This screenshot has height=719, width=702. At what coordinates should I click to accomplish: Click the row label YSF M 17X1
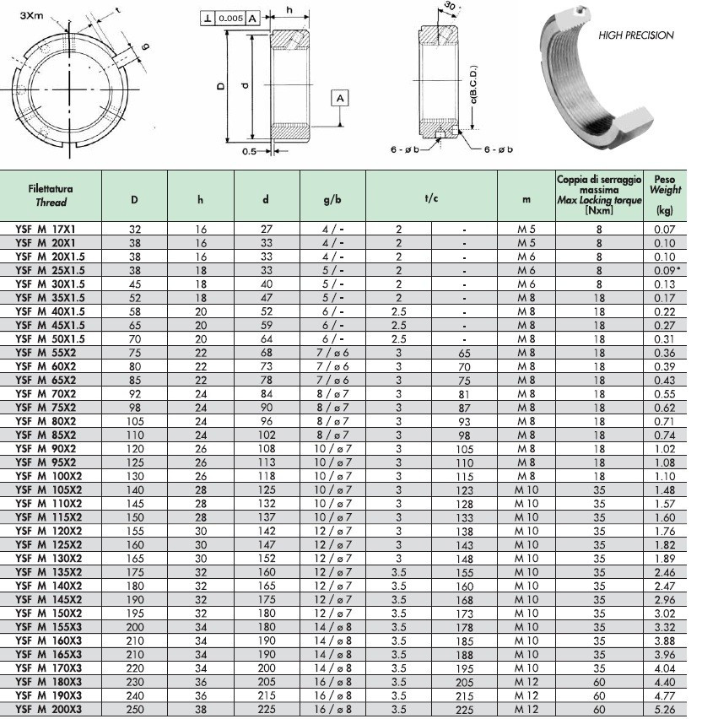pyautogui.click(x=47, y=229)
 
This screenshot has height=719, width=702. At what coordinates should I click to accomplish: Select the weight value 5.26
pyautogui.click(x=665, y=710)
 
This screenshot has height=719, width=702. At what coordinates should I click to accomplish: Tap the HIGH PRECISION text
pyautogui.click(x=635, y=35)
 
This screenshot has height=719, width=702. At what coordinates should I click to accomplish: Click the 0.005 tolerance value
pyautogui.click(x=230, y=18)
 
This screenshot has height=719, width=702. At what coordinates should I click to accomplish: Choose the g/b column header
pyautogui.click(x=332, y=200)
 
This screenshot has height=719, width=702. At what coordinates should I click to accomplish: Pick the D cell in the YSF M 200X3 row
pyautogui.click(x=135, y=710)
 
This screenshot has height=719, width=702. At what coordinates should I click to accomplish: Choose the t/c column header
pyautogui.click(x=430, y=200)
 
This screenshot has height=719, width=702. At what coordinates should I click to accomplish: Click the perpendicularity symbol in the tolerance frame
pyautogui.click(x=207, y=18)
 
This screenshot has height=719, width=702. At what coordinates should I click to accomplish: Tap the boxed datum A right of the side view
pyautogui.click(x=340, y=99)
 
